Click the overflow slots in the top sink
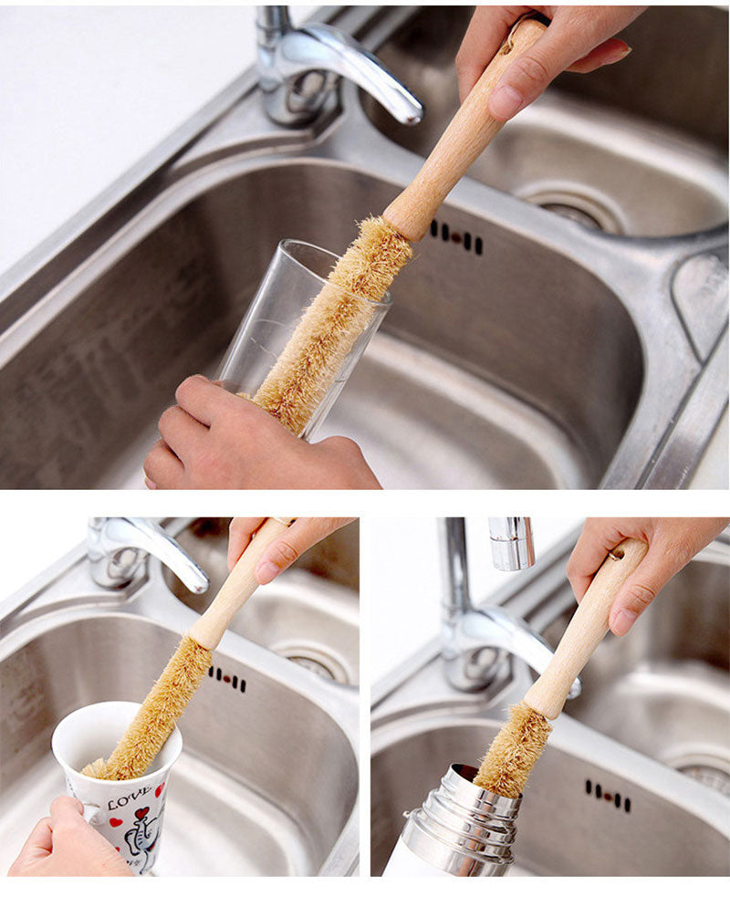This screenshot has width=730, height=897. pos(456,237)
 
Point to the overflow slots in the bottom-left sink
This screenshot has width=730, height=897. pos(227,679)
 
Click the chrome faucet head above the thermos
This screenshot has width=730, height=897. pos(512,544)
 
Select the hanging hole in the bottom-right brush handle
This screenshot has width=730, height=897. pos(617,554)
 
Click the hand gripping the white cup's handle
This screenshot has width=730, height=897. pos(63,842)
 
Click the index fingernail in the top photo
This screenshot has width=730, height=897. pos(506,101)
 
